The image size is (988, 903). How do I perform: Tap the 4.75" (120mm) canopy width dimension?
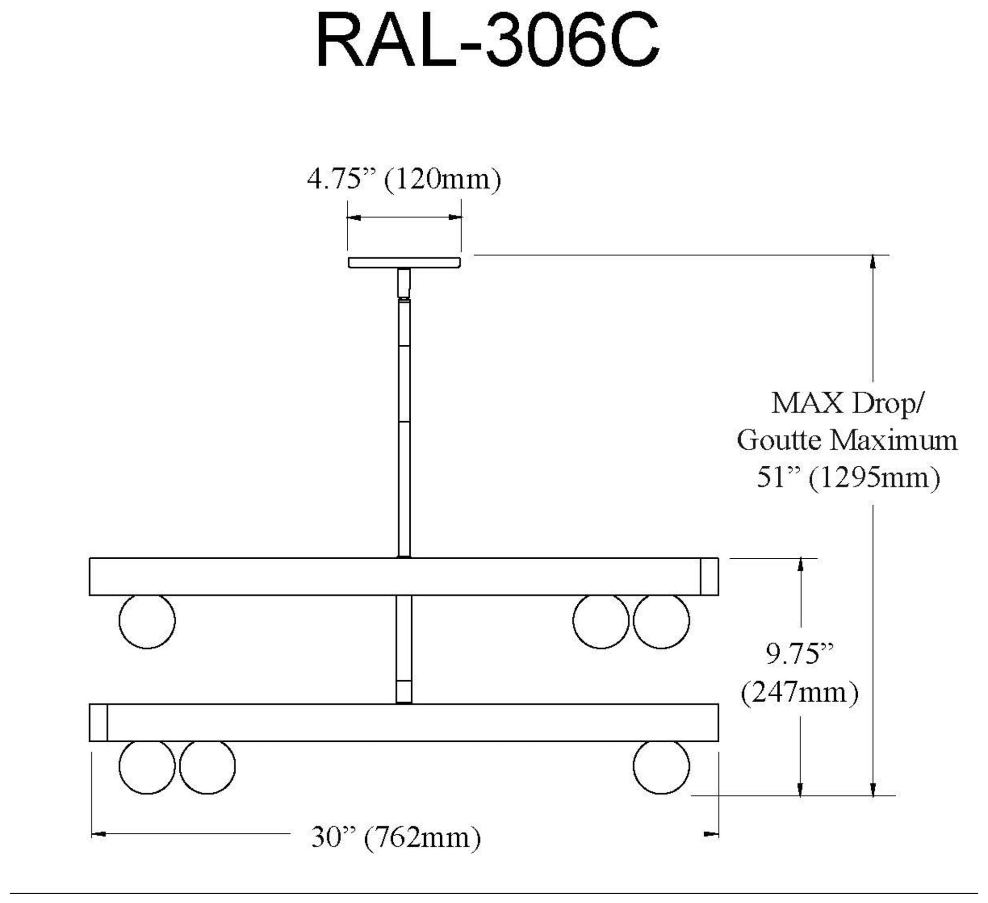404,180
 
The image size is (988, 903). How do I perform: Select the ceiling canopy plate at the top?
404,262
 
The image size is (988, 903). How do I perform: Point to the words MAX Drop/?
848,403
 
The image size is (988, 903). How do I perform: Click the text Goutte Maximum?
848,441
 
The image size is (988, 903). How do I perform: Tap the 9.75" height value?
800,654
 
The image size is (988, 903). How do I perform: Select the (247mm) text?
800,692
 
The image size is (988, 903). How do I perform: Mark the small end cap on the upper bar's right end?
709,577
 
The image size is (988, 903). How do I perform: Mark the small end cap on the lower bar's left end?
98,723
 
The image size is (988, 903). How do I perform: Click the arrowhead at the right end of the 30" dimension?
711,834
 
